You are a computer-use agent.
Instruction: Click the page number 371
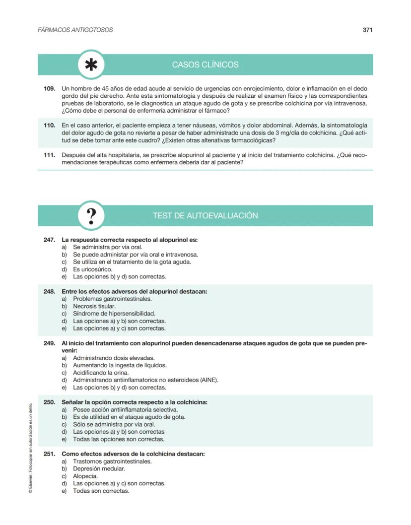click(x=367, y=30)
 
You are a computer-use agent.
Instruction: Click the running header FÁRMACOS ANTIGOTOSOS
click(x=75, y=30)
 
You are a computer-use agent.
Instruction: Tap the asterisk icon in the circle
click(x=91, y=65)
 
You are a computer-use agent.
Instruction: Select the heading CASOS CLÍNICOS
click(x=205, y=65)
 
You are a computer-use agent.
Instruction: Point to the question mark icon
click(x=91, y=216)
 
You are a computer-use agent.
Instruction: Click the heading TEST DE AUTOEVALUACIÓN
click(x=205, y=216)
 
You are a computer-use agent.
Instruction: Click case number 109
click(x=49, y=88)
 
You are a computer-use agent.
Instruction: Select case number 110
click(x=49, y=126)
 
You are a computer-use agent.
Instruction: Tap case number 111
click(x=49, y=155)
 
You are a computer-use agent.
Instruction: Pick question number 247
click(x=49, y=240)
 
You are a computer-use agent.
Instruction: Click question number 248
click(x=49, y=292)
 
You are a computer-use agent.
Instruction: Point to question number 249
click(x=49, y=343)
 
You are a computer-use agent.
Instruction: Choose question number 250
click(x=49, y=402)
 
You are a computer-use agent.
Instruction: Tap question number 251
click(x=49, y=454)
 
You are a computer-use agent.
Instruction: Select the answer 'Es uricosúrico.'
click(x=89, y=269)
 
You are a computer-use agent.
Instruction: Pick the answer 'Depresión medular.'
click(x=99, y=468)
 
